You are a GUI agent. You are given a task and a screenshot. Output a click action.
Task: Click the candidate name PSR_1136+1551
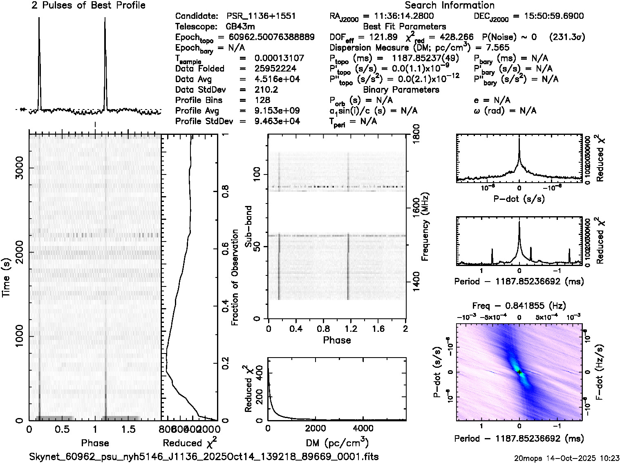click(x=261, y=16)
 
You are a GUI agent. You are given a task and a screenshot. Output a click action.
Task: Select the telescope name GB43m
click(x=240, y=27)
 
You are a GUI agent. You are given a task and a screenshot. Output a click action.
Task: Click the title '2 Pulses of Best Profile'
click(x=88, y=5)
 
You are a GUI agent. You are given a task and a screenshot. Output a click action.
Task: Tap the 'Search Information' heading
click(x=450, y=5)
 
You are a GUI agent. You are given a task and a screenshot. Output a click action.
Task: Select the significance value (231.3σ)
click(x=567, y=37)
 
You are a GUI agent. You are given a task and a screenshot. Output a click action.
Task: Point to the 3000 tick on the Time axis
click(x=19, y=168)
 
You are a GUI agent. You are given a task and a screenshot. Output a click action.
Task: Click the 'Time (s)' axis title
click(x=7, y=277)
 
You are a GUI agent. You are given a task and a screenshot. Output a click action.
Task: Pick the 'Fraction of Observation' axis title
click(x=235, y=277)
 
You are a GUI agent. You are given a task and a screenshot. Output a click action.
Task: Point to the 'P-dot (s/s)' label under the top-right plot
click(x=519, y=199)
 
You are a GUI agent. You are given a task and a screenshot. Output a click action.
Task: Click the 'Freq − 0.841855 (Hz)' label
click(x=519, y=306)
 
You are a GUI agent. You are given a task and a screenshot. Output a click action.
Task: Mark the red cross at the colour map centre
click(x=519, y=372)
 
